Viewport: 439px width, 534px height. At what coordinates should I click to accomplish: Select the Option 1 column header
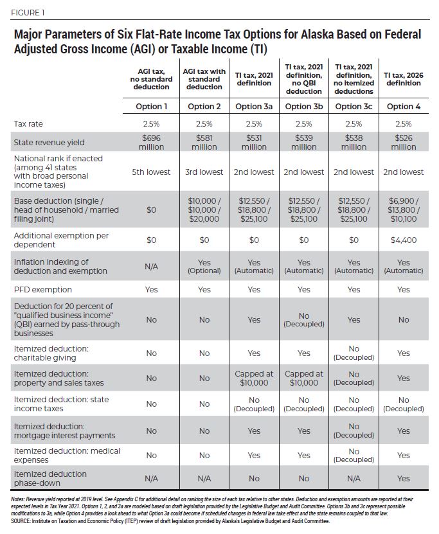click(x=152, y=106)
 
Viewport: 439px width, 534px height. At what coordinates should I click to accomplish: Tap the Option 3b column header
click(x=303, y=106)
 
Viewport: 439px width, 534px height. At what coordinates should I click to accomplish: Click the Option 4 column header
click(x=404, y=106)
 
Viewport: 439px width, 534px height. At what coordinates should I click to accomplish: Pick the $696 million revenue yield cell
click(x=152, y=142)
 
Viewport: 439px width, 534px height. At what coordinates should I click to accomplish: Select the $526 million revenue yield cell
click(x=404, y=142)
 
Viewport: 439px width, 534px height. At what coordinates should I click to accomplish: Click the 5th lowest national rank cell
click(x=152, y=172)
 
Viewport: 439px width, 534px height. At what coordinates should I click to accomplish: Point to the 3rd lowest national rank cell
click(x=204, y=172)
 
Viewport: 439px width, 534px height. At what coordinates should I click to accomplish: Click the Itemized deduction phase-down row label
click(x=49, y=477)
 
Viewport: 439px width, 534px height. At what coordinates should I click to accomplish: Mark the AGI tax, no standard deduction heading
click(x=152, y=82)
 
